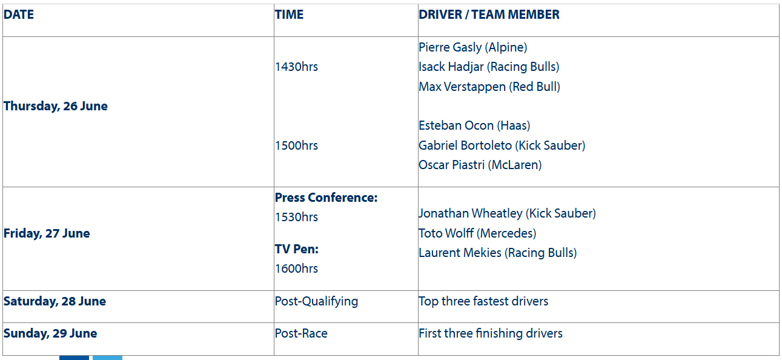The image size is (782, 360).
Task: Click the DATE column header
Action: [x=19, y=15]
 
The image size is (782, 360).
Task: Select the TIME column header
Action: [x=289, y=15]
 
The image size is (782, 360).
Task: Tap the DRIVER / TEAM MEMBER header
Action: [x=489, y=15]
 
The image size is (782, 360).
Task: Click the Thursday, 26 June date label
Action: [x=56, y=106]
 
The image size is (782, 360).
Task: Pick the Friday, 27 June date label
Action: [x=47, y=233]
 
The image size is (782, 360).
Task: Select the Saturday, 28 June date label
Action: [x=55, y=301]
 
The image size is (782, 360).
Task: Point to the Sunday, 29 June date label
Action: [x=50, y=333]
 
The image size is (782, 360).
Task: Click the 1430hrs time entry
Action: [x=296, y=67]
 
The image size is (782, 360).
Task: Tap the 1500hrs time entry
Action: [x=296, y=145]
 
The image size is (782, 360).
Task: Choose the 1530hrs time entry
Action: [x=296, y=217]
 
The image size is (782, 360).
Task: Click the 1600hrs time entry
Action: [x=296, y=268]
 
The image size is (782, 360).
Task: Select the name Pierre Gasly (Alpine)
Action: [x=472, y=47]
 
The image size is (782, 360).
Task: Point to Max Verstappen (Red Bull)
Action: [x=489, y=87]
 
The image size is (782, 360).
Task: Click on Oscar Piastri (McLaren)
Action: [x=480, y=165]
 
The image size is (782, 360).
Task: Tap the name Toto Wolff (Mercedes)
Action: [x=477, y=233]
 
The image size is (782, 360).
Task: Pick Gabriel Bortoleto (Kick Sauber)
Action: [x=502, y=145]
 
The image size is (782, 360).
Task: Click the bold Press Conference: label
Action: [x=326, y=198]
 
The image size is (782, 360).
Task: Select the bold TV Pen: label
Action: [x=297, y=249]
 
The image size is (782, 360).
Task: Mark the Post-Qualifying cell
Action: [x=316, y=301]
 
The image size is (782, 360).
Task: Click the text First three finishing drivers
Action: [x=491, y=333]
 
